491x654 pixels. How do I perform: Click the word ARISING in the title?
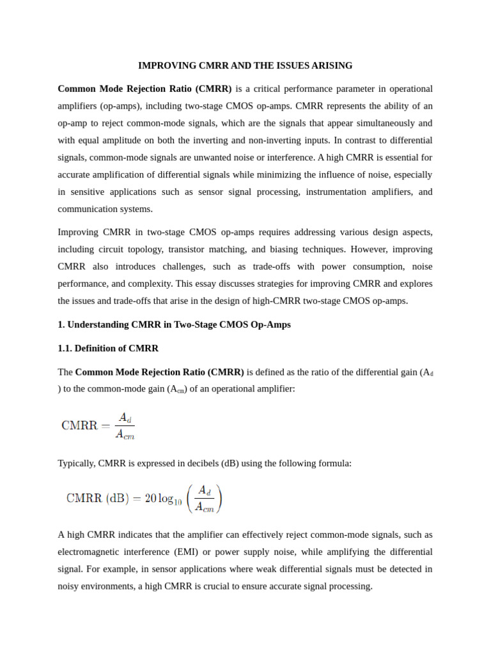(331, 66)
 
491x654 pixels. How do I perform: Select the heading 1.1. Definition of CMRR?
(108, 348)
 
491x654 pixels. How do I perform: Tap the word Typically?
(76, 463)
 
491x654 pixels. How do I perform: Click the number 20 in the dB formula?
(150, 499)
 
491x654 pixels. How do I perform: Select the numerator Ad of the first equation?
(125, 417)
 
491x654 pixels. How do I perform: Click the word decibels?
(199, 463)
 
